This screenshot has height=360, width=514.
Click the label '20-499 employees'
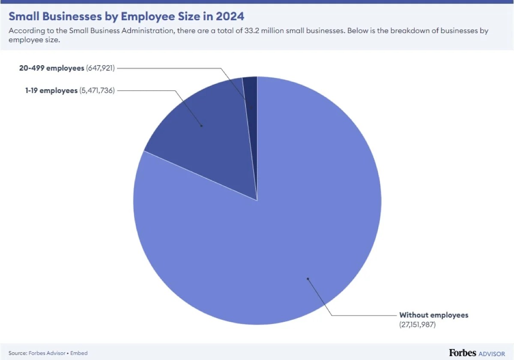[51, 68]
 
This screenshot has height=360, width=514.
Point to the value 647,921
[101, 68]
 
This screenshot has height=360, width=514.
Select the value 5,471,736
[97, 91]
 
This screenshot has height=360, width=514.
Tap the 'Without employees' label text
[434, 315]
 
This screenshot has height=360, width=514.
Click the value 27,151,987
[417, 325]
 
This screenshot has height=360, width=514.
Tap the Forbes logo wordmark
[463, 352]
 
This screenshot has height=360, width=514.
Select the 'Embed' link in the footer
[80, 353]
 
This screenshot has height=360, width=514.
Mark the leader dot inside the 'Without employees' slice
[308, 279]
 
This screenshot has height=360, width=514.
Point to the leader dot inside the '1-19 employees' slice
[202, 126]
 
